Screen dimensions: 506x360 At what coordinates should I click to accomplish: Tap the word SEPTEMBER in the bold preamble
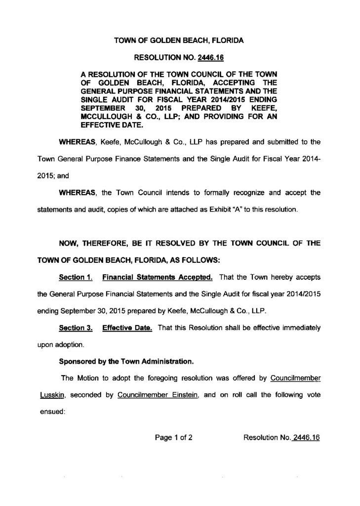103,107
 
